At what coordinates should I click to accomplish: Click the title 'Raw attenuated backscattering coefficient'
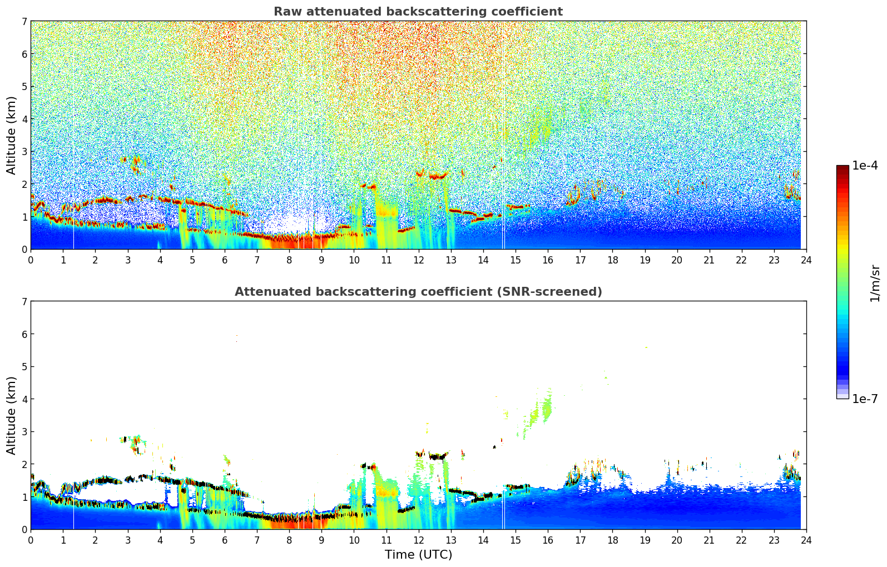418,12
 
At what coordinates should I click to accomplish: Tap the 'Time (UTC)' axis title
418,555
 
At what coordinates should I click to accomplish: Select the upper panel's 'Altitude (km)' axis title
11,135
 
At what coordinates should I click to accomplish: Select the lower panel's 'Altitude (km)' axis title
11,415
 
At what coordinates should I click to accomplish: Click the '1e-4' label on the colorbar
865,166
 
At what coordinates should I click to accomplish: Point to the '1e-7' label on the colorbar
865,399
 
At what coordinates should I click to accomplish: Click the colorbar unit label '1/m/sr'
875,283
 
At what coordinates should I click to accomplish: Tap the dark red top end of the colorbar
843,167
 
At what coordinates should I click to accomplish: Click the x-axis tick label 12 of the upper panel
418,260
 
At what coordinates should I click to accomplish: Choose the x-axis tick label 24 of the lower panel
806,540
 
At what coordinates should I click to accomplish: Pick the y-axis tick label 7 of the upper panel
24,21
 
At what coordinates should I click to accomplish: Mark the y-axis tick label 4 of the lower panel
24,399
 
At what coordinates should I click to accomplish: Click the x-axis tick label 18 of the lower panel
612,540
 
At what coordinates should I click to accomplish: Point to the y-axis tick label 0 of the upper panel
24,250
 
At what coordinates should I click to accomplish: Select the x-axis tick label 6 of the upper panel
225,260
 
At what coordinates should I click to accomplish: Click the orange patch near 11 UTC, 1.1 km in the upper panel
386,212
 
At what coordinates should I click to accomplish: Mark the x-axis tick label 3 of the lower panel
127,540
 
